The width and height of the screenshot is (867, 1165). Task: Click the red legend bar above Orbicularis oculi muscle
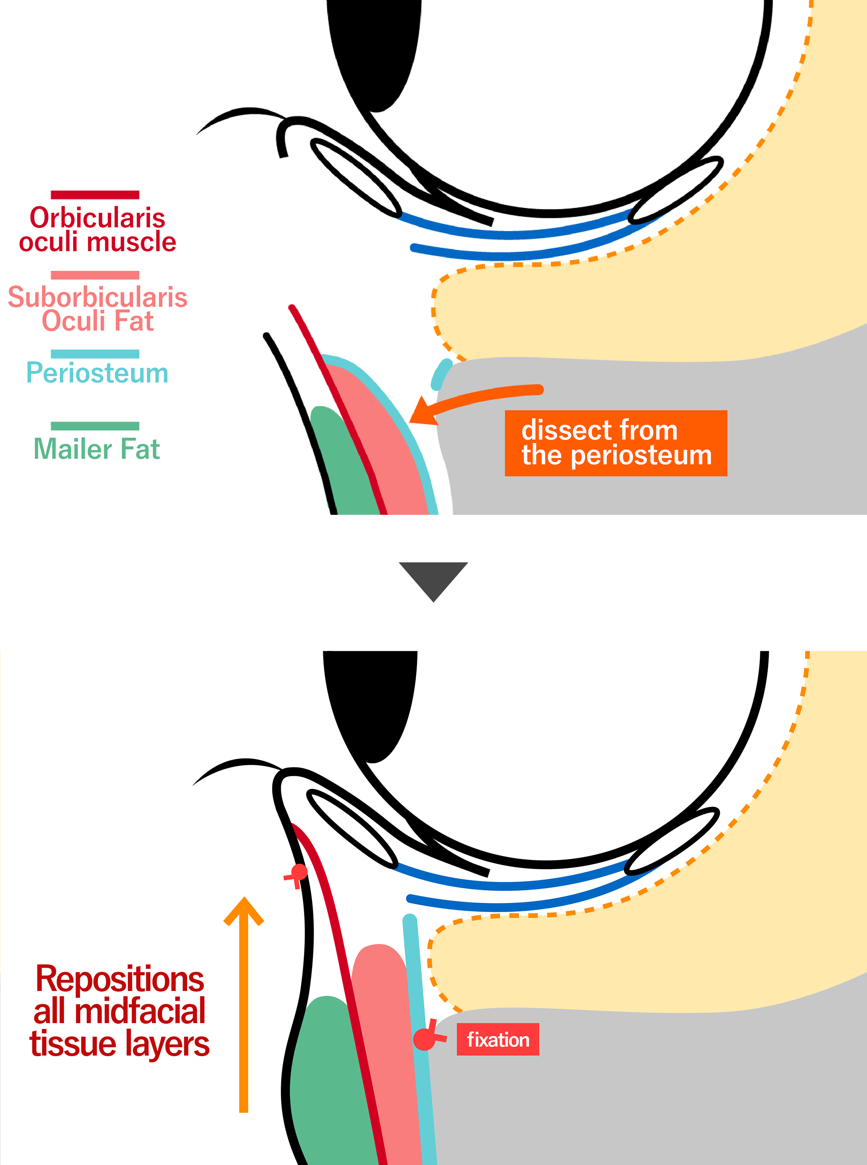(95, 195)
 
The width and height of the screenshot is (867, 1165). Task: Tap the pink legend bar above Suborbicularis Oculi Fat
(95, 275)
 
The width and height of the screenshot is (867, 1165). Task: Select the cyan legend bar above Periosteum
(95, 354)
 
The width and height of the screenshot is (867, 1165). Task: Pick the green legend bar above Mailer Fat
(95, 426)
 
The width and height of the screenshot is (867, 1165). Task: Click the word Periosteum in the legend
(97, 373)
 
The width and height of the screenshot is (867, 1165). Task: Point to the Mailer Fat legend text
(97, 449)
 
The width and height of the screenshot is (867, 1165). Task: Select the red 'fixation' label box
(497, 1039)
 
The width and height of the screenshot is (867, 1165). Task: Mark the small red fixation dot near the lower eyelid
(299, 872)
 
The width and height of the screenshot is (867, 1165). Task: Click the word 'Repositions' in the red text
(120, 980)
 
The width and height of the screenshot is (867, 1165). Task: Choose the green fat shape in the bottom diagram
(328, 1077)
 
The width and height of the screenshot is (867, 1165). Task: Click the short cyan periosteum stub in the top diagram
(441, 374)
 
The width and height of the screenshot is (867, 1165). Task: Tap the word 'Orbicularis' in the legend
(97, 217)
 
